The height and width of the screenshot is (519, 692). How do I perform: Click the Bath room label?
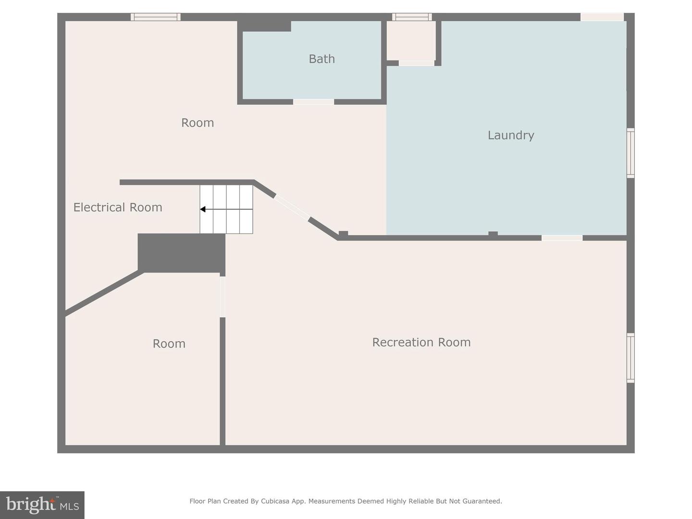tap(321, 59)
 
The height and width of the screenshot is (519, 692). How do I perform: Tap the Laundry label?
tap(511, 135)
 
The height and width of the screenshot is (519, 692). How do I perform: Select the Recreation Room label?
tap(421, 342)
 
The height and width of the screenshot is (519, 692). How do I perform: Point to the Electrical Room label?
tap(118, 207)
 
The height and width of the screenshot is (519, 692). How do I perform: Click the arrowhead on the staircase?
tap(203, 209)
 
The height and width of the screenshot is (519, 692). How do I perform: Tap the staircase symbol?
tap(226, 209)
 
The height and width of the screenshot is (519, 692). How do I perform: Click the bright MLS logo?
tap(42, 505)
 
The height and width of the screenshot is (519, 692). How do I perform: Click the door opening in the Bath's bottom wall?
tap(313, 102)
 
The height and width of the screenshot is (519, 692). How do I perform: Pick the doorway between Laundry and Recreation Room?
tap(562, 238)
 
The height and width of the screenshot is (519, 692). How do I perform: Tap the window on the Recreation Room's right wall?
tap(630, 358)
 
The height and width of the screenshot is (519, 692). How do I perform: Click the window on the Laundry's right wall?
tap(630, 153)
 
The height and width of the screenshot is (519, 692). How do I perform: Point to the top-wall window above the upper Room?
tap(156, 17)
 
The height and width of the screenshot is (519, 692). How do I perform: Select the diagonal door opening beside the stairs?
tap(292, 207)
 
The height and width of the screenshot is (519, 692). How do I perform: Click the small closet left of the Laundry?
tap(411, 41)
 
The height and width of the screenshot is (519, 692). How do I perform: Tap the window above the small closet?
tap(412, 17)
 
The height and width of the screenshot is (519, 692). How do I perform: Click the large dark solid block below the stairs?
tap(182, 253)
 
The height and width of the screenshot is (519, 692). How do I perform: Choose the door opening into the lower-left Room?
tap(222, 297)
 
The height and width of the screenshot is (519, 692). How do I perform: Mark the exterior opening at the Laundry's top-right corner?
tap(602, 17)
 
